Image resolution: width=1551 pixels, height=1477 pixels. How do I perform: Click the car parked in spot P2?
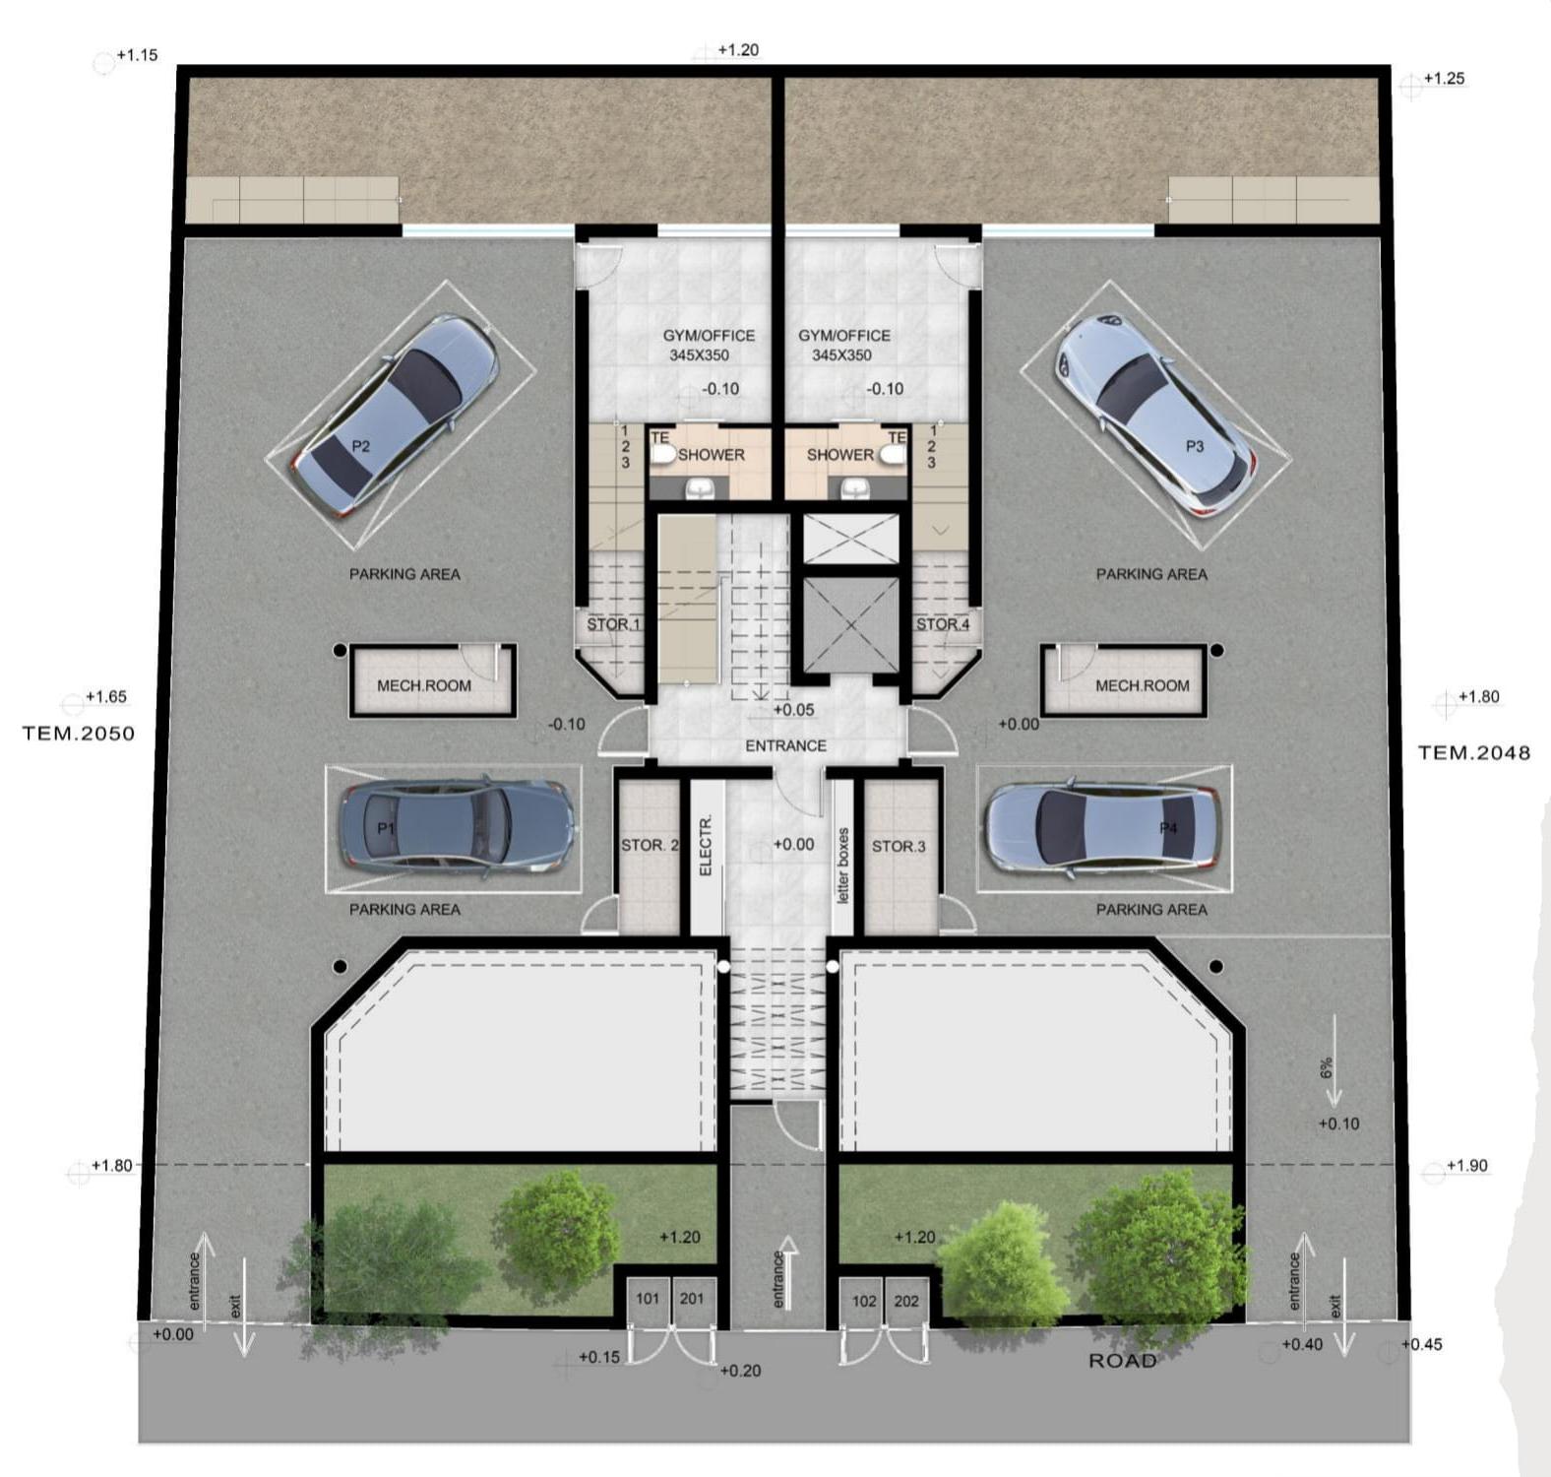[x=395, y=416]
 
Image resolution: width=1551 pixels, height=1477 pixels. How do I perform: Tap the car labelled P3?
[x=1154, y=415]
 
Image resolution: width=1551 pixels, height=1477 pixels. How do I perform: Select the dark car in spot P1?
[x=457, y=826]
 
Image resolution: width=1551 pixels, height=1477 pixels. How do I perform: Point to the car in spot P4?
[x=1103, y=827]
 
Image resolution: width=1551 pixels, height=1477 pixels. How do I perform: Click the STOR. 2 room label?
[x=650, y=845]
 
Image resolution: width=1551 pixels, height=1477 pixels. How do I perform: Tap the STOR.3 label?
[x=899, y=846]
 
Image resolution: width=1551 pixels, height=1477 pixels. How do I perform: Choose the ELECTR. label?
[x=705, y=845]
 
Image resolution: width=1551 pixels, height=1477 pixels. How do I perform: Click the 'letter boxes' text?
[x=842, y=866]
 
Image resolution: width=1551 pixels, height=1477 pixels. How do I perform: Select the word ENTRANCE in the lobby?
[x=785, y=745]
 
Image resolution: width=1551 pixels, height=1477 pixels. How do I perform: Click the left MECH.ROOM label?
[x=424, y=685]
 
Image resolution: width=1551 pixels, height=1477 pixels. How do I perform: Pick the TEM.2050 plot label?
[x=79, y=734]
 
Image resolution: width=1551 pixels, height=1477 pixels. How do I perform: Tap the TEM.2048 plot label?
[x=1474, y=753]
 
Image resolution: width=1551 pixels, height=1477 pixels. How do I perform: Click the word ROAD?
[x=1122, y=1361]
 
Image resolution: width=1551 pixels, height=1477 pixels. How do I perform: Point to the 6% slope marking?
[x=1327, y=1068]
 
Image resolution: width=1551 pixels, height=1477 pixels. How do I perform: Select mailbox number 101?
[x=648, y=1299]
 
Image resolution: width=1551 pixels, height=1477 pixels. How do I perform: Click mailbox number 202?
[x=906, y=1301]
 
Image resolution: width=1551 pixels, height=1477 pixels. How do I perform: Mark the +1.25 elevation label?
[x=1444, y=78]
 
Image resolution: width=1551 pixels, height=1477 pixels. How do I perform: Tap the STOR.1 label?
[x=613, y=624]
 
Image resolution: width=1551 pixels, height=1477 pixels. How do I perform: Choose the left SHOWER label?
[x=711, y=455]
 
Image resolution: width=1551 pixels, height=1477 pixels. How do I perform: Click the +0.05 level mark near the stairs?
[x=793, y=709]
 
